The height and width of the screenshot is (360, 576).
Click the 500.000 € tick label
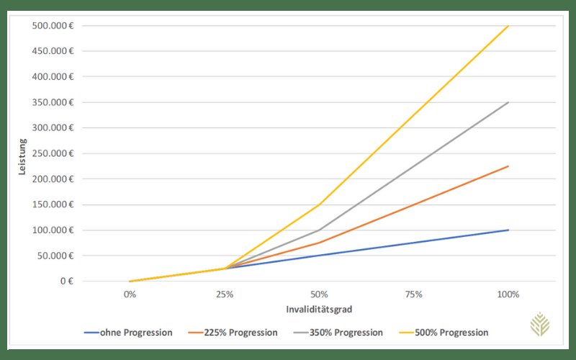(x=53, y=26)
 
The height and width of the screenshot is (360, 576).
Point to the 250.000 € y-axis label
(x=53, y=153)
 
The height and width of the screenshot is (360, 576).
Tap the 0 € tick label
(x=67, y=281)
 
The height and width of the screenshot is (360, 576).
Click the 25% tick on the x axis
(x=225, y=294)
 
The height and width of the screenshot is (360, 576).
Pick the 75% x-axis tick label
(x=413, y=294)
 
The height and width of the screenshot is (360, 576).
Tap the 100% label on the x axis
(x=508, y=294)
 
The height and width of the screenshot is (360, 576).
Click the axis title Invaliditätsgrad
(x=319, y=310)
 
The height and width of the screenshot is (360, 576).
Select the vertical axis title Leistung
(x=22, y=157)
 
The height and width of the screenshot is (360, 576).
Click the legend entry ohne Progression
(x=128, y=333)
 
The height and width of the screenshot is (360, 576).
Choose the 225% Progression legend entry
(x=233, y=333)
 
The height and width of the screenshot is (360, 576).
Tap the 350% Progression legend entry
(x=338, y=333)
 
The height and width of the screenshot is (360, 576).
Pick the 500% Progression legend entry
(x=444, y=333)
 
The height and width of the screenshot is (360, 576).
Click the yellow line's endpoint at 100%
(x=508, y=26)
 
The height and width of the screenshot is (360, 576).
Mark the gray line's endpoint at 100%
(x=508, y=102)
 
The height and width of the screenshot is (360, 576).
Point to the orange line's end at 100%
(x=508, y=166)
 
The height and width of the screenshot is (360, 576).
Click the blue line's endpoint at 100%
(x=508, y=230)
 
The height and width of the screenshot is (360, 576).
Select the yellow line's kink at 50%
(x=319, y=204)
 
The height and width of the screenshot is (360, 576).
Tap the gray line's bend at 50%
(x=319, y=230)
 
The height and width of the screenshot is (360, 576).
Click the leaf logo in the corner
(x=539, y=325)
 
